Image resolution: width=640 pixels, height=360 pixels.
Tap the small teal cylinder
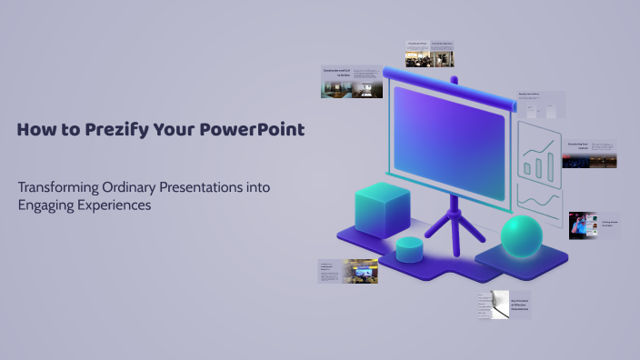click(410, 248)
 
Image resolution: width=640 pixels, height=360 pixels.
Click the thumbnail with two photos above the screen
click(429, 54)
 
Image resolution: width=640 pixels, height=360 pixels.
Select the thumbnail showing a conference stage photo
click(348, 271)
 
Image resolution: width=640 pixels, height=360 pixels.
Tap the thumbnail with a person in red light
click(593, 225)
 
